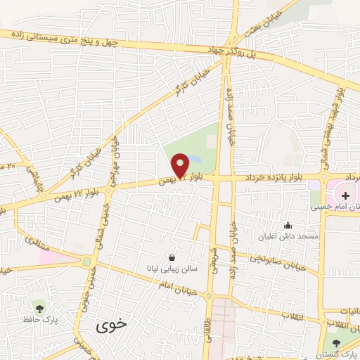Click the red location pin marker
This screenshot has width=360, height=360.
point(181,165)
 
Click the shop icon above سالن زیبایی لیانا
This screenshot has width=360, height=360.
point(173,258)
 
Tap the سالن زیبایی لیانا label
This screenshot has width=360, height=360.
point(173,269)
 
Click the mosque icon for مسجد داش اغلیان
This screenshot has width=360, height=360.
point(287,226)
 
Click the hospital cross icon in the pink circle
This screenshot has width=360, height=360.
point(345,194)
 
